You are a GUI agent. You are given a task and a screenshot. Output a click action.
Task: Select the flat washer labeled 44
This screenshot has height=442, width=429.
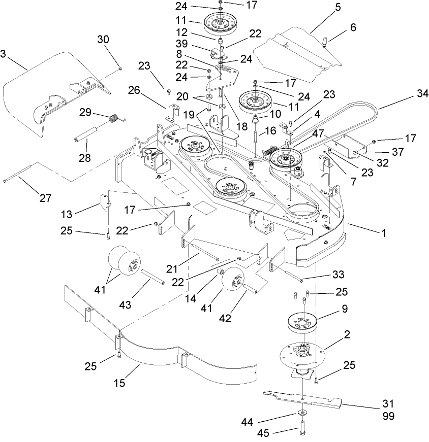pos(302,413)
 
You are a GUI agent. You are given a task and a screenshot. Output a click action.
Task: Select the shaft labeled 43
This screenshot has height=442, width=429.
pos(152,278)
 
